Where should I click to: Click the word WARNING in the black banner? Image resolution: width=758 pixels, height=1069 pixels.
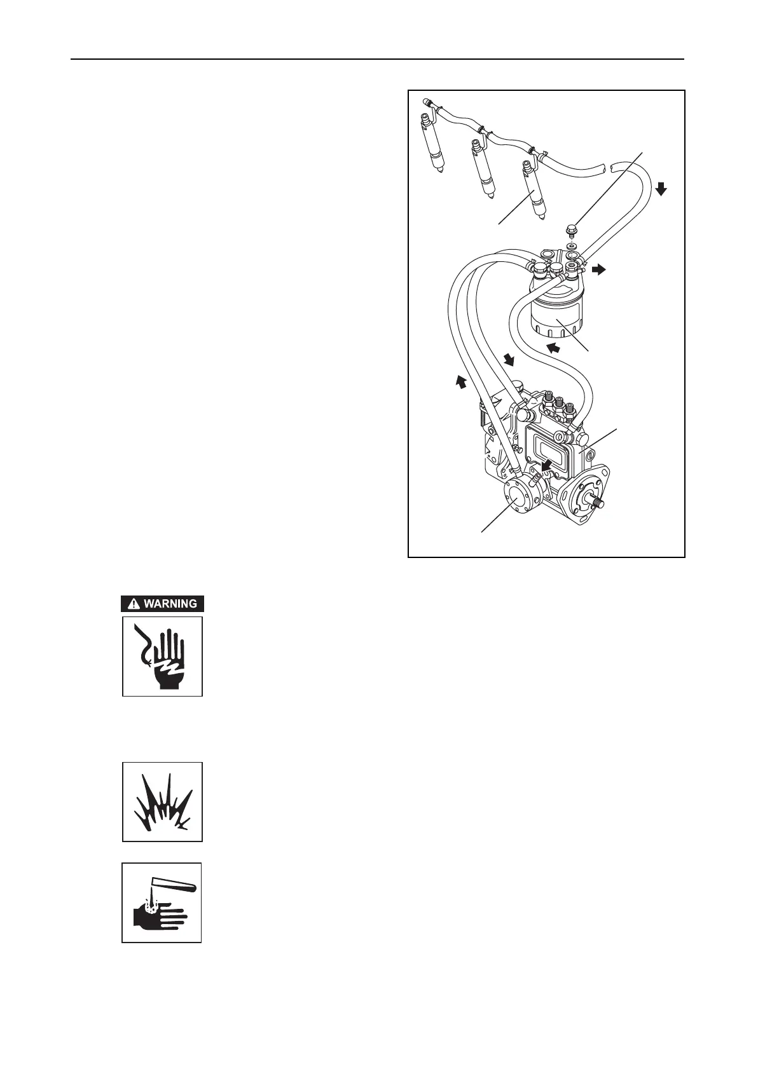[170, 604]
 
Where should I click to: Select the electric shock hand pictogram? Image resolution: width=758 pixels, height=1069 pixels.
[163, 656]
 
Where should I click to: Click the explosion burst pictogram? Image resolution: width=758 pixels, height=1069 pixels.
[163, 802]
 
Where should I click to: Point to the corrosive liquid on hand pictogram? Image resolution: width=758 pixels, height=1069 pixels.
[162, 902]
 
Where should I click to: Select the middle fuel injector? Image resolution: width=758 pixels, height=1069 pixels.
[482, 172]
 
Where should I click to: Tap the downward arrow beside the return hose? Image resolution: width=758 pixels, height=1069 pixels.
[661, 188]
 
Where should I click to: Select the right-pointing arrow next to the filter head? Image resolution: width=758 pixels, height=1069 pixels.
[598, 270]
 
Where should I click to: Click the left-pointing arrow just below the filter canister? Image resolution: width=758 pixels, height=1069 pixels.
[553, 347]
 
